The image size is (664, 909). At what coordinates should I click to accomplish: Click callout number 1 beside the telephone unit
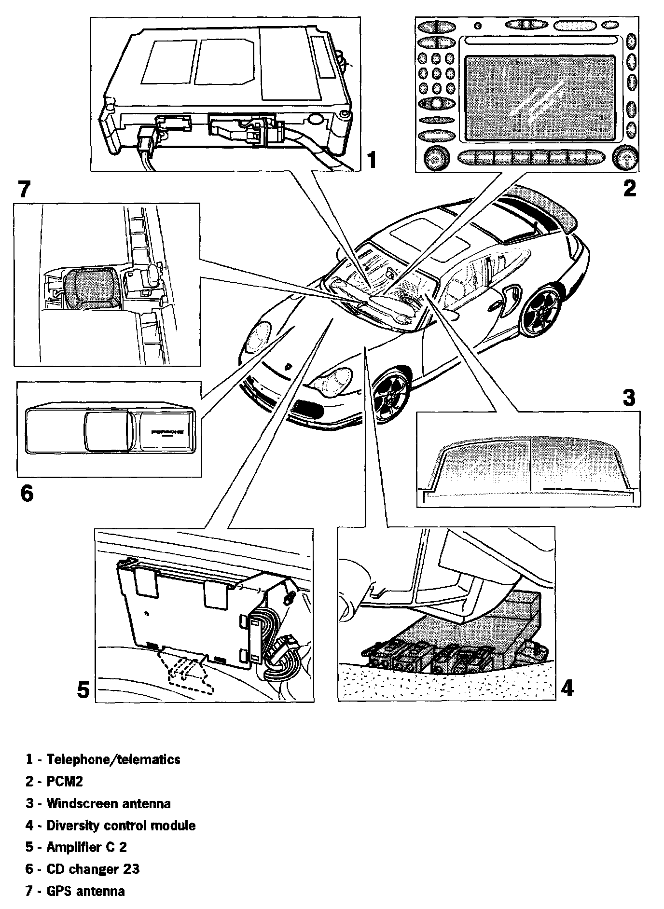coord(371,160)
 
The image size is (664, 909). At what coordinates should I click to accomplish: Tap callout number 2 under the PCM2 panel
coord(629,188)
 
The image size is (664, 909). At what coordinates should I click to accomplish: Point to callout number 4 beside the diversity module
coord(568,688)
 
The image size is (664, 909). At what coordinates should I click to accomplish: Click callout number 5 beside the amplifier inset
coord(83,690)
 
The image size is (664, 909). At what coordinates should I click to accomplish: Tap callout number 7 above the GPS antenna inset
coord(24,190)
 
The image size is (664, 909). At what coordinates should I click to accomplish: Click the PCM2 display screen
coord(540,96)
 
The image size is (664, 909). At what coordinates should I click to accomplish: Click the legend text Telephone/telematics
coord(113,759)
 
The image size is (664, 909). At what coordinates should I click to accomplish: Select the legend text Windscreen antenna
coord(108,803)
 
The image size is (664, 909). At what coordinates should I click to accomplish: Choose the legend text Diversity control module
coord(121,826)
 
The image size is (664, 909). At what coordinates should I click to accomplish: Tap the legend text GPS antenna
coord(85,891)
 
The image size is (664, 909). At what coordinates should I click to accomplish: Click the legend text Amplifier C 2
coord(86,847)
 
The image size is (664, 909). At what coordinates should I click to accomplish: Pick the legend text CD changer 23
coord(93,869)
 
